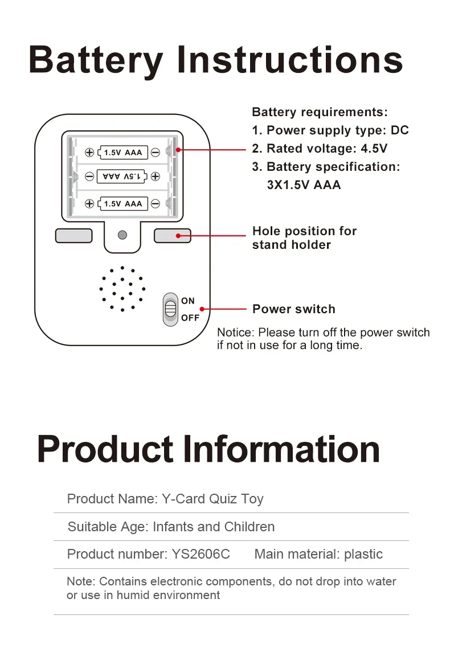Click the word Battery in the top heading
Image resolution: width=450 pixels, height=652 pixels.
[x=96, y=60]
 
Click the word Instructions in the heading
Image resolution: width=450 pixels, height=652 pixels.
[x=290, y=60]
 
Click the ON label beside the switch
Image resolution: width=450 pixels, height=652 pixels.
[x=188, y=301]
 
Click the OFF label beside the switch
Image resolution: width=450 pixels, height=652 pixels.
[x=190, y=318]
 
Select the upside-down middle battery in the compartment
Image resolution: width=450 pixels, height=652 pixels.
[x=122, y=177]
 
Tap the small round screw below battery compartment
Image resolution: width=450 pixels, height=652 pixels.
[x=122, y=235]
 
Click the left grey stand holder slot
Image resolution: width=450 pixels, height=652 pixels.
[x=74, y=235]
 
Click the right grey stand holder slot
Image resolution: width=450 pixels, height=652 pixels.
[x=172, y=235]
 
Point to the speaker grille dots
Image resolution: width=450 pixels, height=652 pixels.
[x=122, y=289]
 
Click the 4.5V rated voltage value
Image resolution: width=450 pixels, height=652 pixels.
[x=374, y=149]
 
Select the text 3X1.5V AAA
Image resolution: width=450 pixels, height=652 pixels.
[x=304, y=185]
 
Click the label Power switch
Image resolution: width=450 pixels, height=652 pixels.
[x=293, y=309]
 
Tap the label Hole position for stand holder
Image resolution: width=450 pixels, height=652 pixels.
[x=304, y=238]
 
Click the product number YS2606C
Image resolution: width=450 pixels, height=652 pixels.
[x=201, y=554]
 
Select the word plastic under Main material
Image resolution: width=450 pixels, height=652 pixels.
[x=363, y=554]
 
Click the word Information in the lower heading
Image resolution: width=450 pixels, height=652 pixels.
[x=282, y=450]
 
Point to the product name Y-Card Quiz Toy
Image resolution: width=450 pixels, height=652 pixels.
[x=212, y=499]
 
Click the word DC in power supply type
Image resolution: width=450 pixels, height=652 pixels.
[x=399, y=130]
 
